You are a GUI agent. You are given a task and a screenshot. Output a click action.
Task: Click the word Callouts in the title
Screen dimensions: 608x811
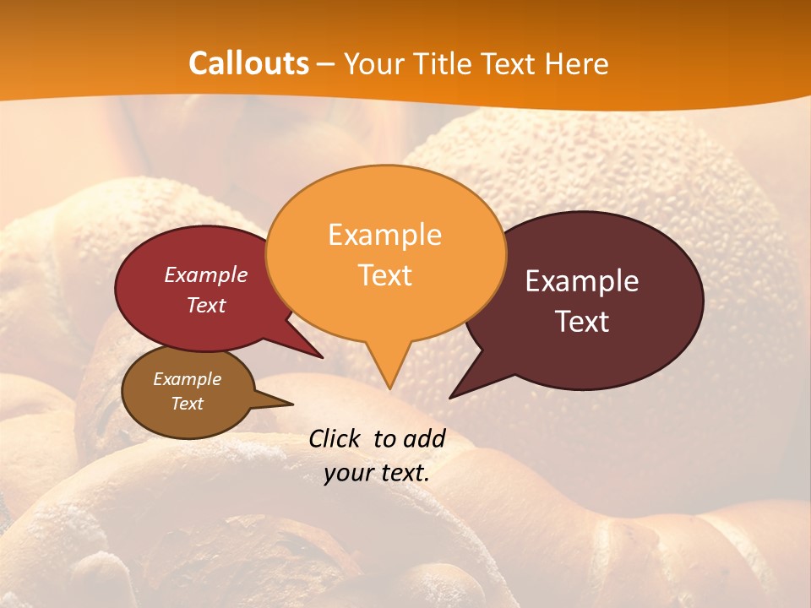248,64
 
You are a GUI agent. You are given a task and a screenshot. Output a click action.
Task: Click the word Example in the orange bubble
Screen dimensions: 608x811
384,235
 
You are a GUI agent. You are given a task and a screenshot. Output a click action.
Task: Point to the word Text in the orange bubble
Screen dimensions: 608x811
384,275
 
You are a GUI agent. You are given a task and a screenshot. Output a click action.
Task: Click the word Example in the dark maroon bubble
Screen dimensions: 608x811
582,281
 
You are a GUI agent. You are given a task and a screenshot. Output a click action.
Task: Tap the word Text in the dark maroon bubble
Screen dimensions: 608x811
582,322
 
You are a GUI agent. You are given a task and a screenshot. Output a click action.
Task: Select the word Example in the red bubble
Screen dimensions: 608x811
206,275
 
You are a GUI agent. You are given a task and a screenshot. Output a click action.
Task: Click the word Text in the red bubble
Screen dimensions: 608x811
206,305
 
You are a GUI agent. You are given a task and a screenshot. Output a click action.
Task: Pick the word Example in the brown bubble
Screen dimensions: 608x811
187,379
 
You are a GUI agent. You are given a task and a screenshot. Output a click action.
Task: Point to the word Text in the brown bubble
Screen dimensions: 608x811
187,404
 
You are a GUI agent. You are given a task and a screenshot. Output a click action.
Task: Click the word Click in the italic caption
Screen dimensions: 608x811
335,439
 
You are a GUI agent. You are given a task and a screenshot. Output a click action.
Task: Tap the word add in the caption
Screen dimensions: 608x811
424,439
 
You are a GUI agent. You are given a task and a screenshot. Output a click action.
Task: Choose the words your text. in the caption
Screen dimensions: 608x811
377,473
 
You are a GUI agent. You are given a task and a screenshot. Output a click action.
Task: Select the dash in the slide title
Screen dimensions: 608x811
326,64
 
